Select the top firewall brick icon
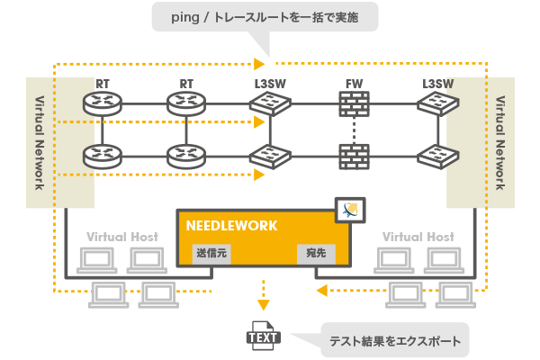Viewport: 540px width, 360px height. click(354, 106)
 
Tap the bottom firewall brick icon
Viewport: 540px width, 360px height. click(354, 157)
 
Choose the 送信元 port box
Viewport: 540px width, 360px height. click(213, 255)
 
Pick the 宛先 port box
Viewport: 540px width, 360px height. click(315, 255)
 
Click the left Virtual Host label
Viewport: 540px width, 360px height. click(122, 237)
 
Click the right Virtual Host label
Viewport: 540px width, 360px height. click(418, 237)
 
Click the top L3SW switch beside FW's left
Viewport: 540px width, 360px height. click(270, 106)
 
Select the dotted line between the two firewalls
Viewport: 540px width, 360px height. click(354, 131)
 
